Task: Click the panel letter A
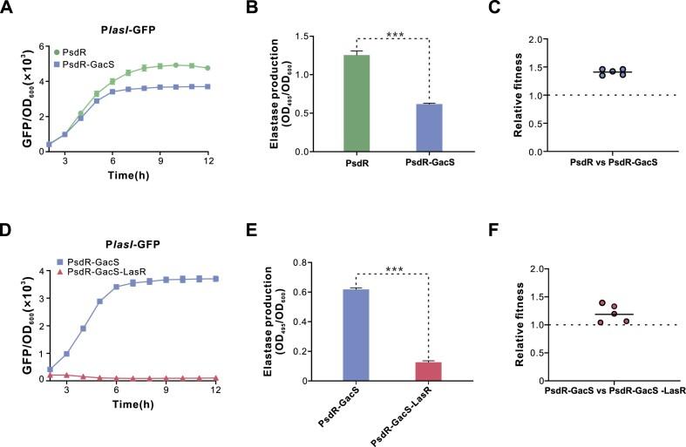point(7,10)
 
